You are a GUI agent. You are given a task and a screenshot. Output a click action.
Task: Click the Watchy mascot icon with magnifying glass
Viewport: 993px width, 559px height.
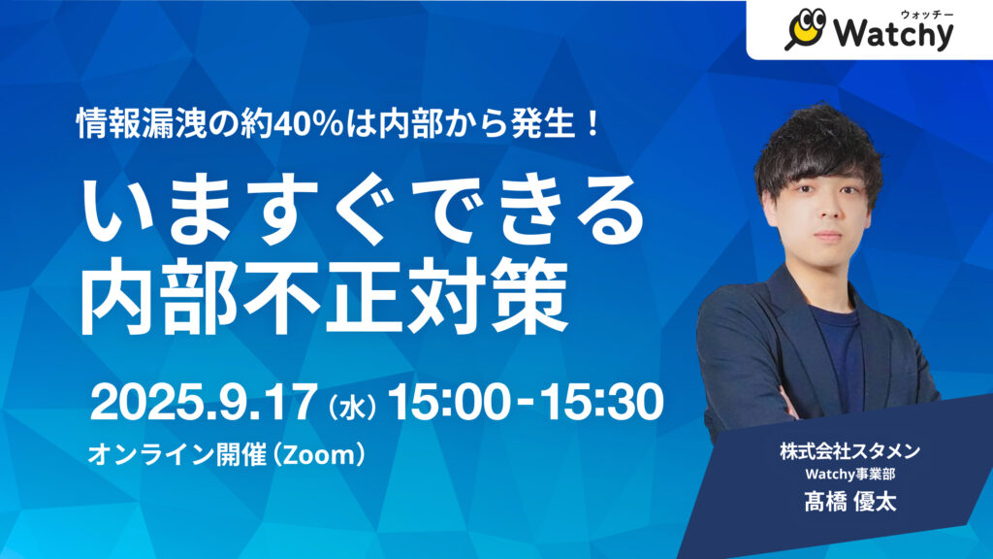pyautogui.click(x=805, y=29)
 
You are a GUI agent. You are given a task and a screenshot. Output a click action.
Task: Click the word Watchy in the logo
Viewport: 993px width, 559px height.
pyautogui.click(x=893, y=34)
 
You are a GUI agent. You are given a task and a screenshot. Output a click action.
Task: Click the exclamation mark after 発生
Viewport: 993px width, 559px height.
pyautogui.click(x=593, y=123)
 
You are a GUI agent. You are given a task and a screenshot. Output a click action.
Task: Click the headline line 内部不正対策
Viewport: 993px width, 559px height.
pyautogui.click(x=323, y=297)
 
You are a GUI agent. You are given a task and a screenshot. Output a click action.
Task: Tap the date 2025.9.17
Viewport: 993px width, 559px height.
pyautogui.click(x=203, y=403)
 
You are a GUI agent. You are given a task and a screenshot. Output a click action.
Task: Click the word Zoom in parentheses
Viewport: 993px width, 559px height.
pyautogui.click(x=319, y=454)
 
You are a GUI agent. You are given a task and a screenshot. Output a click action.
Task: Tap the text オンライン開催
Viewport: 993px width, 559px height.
pyautogui.click(x=176, y=454)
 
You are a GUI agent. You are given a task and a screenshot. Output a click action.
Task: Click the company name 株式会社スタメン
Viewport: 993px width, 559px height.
pyautogui.click(x=849, y=451)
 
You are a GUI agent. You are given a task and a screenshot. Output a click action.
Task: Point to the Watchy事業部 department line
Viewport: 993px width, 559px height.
pyautogui.click(x=849, y=474)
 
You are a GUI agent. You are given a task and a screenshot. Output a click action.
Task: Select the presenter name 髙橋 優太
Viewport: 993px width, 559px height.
pyautogui.click(x=849, y=502)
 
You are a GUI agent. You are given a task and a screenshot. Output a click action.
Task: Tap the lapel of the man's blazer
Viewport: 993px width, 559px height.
pyautogui.click(x=789, y=317)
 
